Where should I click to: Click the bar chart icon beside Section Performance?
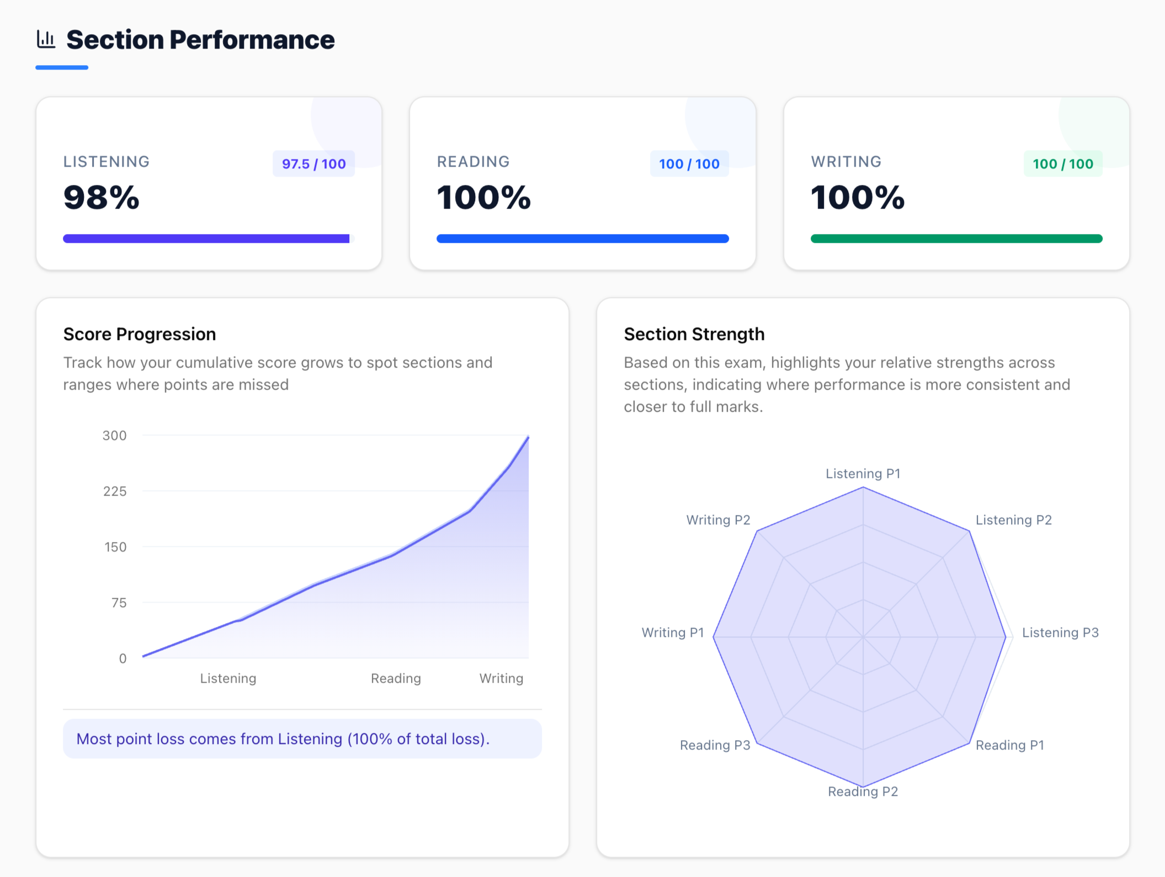46,39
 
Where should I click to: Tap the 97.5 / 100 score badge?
313,164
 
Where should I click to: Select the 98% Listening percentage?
102,198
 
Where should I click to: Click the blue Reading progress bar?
582,238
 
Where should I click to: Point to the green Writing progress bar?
956,238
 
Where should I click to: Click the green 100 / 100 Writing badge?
1062,164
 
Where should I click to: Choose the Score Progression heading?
140,334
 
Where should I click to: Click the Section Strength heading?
694,334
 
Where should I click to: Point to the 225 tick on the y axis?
115,491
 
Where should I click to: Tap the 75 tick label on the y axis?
119,603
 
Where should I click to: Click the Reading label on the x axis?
396,678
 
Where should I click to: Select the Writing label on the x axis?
501,678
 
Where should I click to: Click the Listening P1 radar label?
863,474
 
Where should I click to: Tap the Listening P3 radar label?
1060,632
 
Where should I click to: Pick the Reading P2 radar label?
863,791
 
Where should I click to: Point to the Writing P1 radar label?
673,632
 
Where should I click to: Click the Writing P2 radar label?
718,520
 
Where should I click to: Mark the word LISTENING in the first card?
107,162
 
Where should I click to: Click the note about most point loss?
283,739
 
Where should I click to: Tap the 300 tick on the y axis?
115,435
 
